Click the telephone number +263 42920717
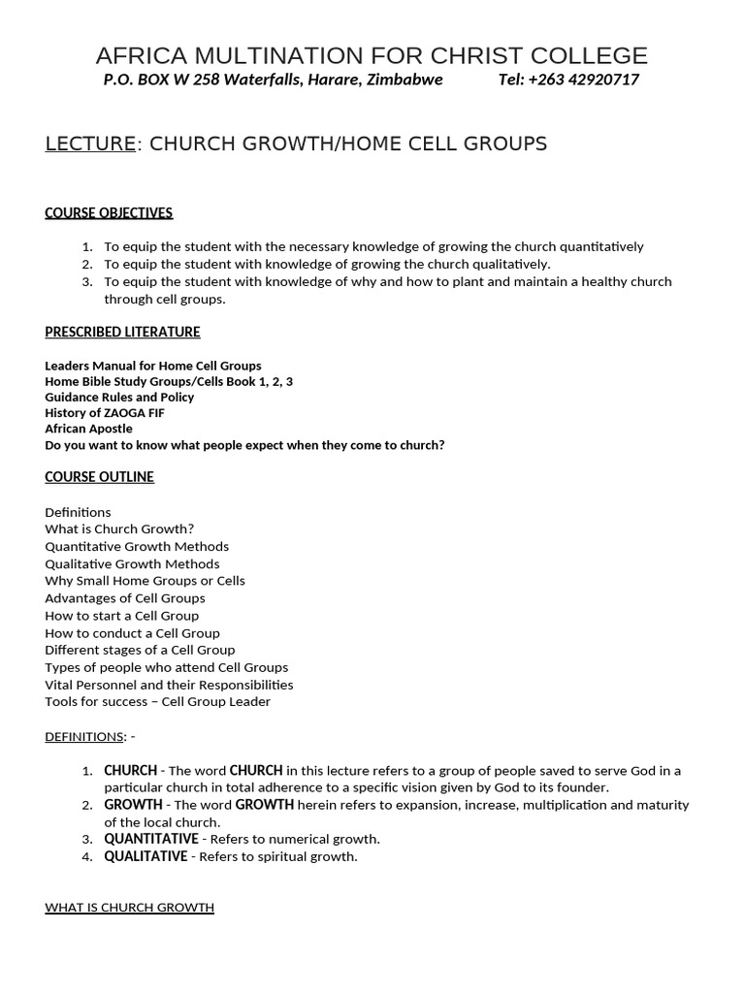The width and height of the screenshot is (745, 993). coord(583,80)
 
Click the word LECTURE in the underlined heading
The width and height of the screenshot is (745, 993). coord(90,144)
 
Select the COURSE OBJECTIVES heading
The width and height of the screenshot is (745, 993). coord(109,213)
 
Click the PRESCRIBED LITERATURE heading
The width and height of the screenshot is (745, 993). coord(122,332)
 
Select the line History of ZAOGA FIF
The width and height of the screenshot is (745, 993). coord(105,413)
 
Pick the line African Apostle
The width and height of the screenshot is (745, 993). coord(88,429)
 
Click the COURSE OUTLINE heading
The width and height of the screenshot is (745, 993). coord(99,477)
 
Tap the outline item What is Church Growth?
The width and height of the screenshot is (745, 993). coord(119,529)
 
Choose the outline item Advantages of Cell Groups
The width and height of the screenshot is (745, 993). coord(125,598)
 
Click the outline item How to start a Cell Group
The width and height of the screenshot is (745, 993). coord(121,616)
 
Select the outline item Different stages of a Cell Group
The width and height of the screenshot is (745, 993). coord(140,650)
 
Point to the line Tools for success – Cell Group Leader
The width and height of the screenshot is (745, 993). coord(158,702)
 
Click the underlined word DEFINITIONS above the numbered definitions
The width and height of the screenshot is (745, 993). coord(83,737)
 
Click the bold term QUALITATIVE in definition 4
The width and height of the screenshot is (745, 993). coord(146,856)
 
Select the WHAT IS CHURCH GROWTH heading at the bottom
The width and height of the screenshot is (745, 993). coord(129,908)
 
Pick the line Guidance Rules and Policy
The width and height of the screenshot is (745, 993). coord(119,398)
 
